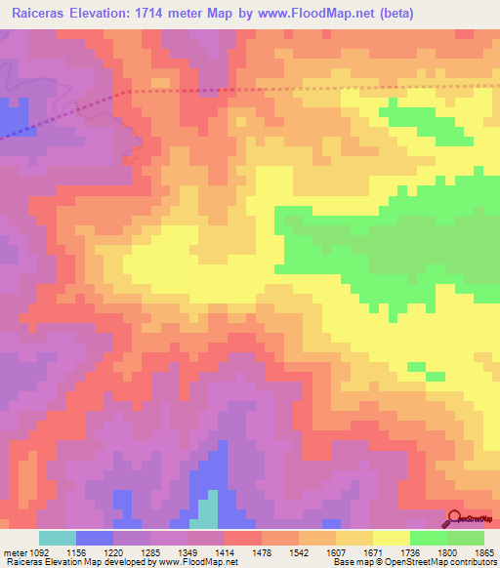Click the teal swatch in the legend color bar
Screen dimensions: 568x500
(58, 538)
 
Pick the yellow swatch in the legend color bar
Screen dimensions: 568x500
(391, 538)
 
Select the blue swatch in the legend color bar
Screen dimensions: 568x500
(95, 538)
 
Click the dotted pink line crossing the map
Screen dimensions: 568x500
(293, 90)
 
